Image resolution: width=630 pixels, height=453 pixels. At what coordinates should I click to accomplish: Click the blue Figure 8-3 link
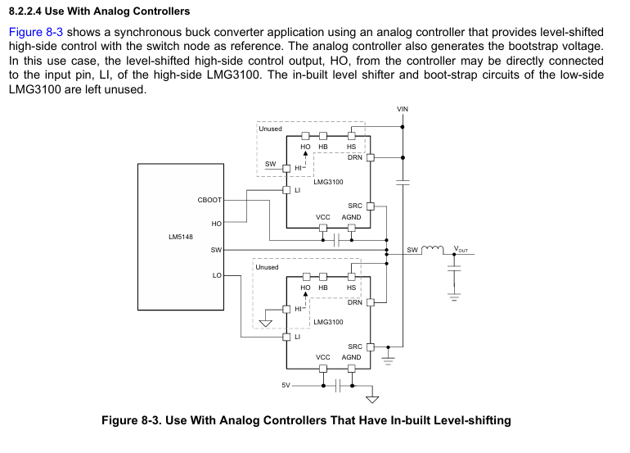coord(36,32)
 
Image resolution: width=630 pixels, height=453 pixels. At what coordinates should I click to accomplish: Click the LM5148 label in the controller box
coord(180,237)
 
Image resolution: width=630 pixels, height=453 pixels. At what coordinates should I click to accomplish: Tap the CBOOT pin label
coord(209,200)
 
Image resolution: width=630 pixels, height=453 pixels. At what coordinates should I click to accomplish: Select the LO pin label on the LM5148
coord(217,275)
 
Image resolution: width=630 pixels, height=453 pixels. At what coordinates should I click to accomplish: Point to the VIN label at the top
coord(403,109)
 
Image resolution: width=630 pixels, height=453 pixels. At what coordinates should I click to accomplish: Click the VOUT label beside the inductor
coord(461,249)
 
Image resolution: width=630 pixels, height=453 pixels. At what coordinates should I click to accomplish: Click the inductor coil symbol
coord(432,249)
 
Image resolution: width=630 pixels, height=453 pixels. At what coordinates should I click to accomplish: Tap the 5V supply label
coord(286,385)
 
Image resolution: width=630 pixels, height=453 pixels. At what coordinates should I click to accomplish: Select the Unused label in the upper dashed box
coord(270,129)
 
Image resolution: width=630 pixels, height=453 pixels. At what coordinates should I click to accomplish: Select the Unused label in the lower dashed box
coord(267,267)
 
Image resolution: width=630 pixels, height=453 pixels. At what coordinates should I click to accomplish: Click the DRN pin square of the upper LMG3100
coord(371,158)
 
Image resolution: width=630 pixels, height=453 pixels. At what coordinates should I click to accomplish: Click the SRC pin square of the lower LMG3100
coord(371,347)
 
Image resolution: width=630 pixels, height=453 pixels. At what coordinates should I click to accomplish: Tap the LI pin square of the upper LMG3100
coord(286,190)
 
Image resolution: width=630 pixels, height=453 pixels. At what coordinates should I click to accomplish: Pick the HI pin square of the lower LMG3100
coord(286,310)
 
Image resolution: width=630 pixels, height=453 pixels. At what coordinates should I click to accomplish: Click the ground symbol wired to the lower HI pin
coord(266,323)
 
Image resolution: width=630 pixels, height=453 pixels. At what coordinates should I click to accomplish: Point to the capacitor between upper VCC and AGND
coord(337,240)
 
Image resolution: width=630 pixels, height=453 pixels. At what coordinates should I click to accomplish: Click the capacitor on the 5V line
coord(337,386)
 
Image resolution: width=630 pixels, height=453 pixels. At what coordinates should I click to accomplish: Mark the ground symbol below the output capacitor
coord(454,297)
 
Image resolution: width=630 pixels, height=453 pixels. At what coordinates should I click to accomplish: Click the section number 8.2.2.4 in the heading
coord(25,11)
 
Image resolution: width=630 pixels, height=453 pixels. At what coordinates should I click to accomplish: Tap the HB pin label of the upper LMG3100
coord(323,147)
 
